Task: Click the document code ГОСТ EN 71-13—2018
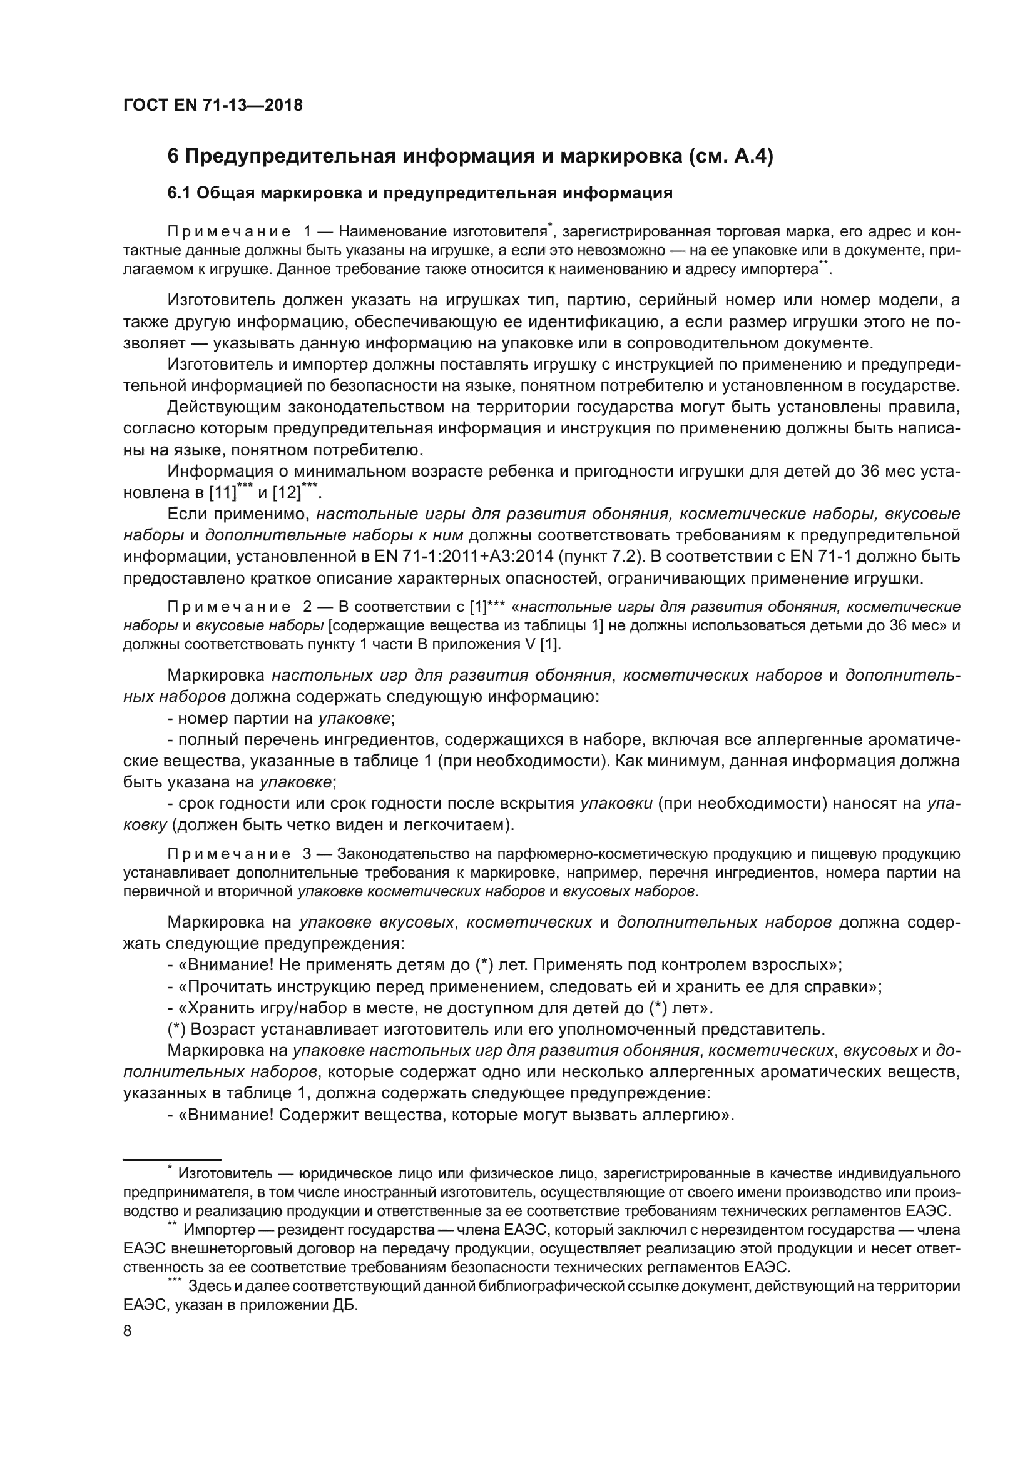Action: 212,105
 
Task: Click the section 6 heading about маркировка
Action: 470,156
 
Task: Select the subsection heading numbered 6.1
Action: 419,193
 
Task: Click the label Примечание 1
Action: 238,232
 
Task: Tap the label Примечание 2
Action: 238,606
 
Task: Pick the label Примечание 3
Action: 238,854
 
